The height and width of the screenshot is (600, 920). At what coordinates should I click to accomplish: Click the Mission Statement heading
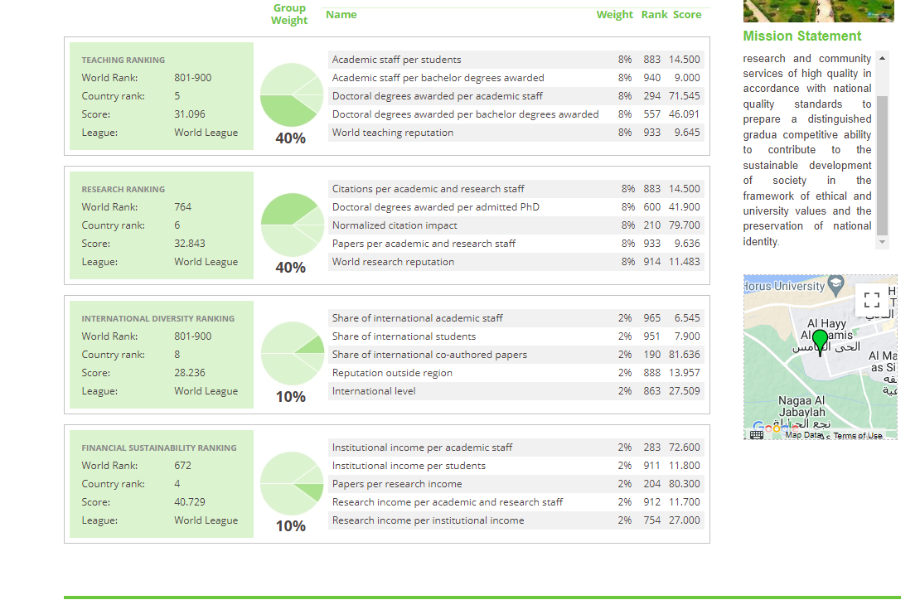[x=801, y=36]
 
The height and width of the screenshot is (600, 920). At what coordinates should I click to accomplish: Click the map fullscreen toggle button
[x=870, y=298]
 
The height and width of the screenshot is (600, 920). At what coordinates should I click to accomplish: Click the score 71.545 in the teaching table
[x=684, y=96]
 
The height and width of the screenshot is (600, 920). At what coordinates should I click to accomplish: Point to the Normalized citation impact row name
[x=395, y=225]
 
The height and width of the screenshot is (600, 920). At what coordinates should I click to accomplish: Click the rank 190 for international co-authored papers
[x=651, y=355]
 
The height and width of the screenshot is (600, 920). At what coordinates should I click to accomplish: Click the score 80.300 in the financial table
[x=684, y=484]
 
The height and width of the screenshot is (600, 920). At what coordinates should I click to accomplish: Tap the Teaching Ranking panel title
[x=123, y=60]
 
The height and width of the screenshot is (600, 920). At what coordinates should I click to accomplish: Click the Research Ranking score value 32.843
[x=190, y=244]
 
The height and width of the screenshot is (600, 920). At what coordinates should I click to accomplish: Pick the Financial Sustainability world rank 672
[x=182, y=466]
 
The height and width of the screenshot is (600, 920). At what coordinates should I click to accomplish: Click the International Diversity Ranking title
[x=157, y=318]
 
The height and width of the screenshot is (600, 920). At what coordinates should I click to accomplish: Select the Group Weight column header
[x=289, y=14]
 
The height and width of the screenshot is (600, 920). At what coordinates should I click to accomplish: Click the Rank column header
[x=654, y=15]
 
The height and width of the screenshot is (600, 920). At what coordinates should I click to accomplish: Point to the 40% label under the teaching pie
[x=290, y=138]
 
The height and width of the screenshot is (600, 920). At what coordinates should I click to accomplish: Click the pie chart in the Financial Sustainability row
[x=292, y=482]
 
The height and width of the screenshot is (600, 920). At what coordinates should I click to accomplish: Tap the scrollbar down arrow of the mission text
[x=882, y=242]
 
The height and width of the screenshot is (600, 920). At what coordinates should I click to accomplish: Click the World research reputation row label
[x=393, y=262]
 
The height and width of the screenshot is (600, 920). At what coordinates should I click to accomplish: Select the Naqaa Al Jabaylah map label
[x=801, y=406]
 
